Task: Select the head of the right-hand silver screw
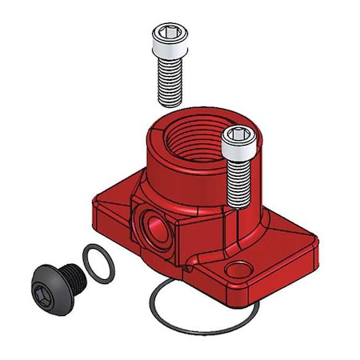tap(239, 141)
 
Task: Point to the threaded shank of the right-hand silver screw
tap(239, 180)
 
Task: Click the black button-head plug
tap(53, 283)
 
